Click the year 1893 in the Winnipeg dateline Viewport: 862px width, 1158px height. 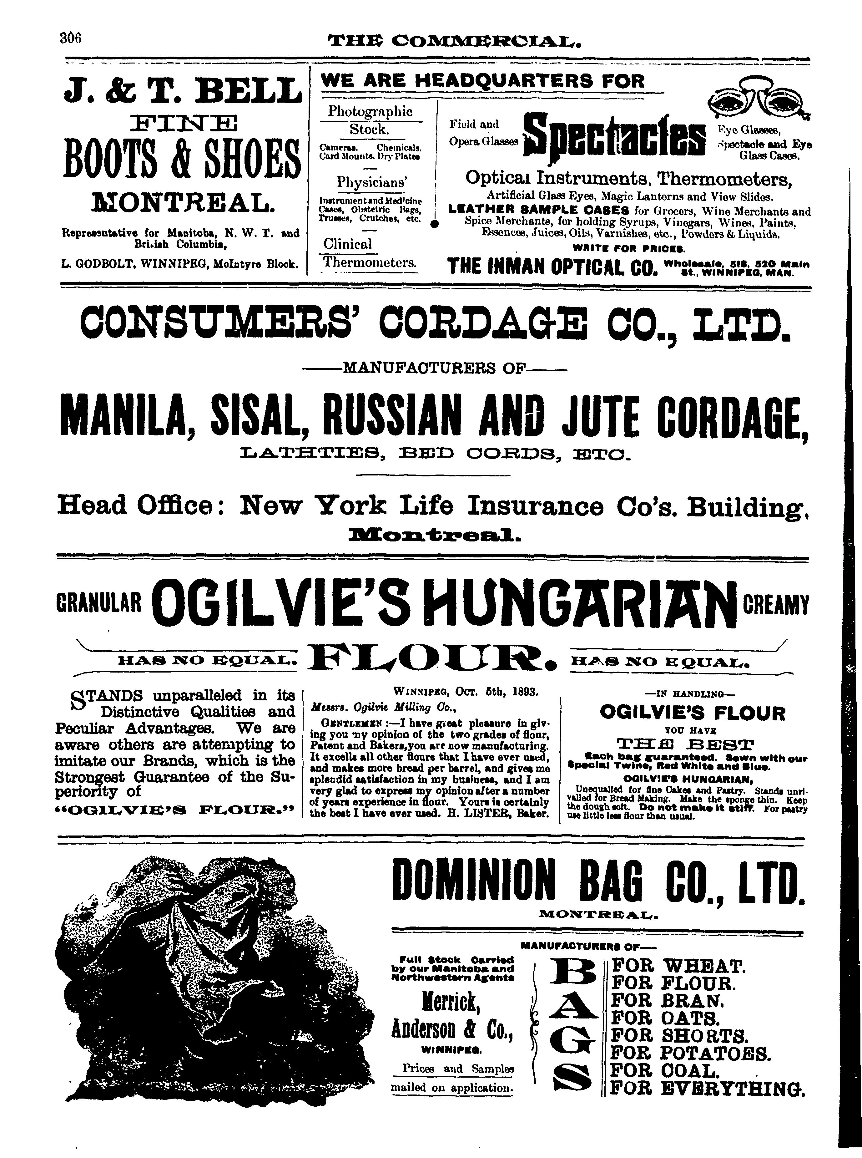coord(524,692)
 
